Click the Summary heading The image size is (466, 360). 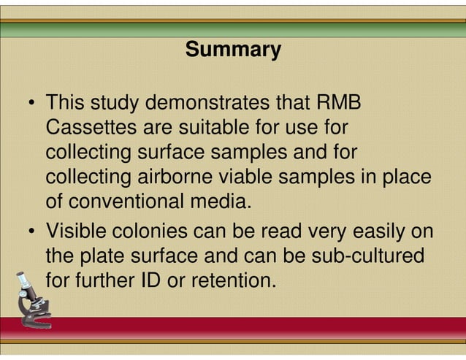(233, 50)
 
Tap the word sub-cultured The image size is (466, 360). (366, 256)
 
